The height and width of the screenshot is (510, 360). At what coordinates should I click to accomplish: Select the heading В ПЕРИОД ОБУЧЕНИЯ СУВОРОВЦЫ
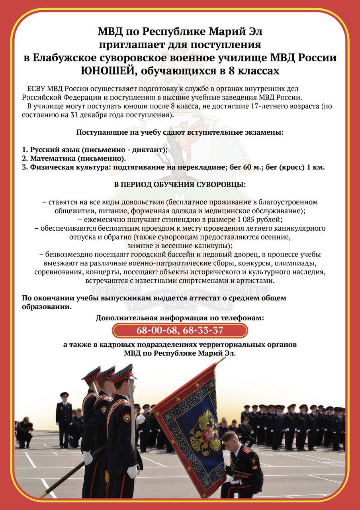[180, 185]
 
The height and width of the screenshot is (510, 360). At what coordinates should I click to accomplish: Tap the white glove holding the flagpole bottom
[87, 457]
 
